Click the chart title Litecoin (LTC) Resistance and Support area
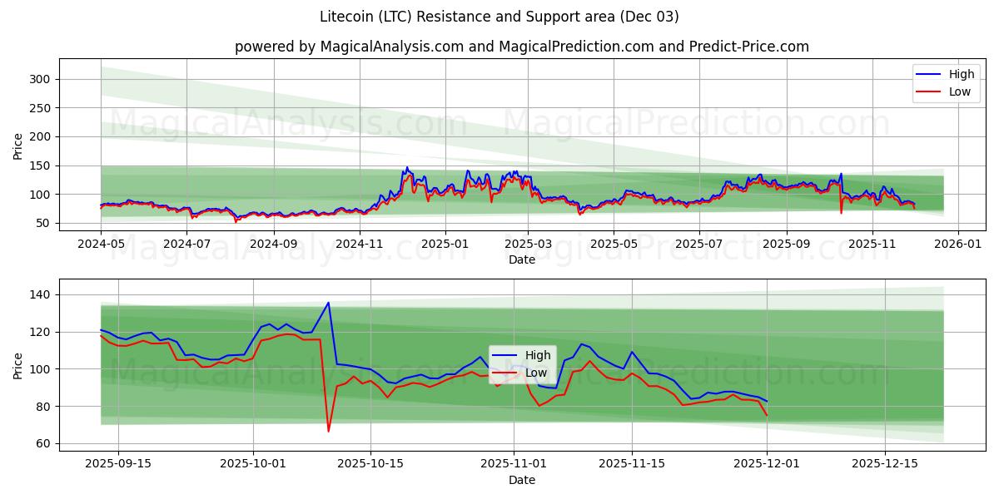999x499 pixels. coord(499,17)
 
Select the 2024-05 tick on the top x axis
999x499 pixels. coord(101,245)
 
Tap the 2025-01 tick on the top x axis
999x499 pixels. coord(445,245)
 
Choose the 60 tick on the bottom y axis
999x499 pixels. coord(42,443)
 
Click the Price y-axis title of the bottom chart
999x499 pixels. coord(18,365)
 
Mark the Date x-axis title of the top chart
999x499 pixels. coord(522,259)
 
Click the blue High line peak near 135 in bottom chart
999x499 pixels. coord(328,303)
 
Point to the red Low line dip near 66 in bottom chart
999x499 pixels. coord(328,431)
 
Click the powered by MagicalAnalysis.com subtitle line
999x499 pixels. coord(521,47)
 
